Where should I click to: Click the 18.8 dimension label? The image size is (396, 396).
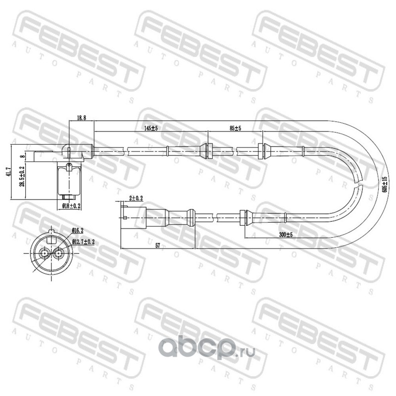pos(81,118)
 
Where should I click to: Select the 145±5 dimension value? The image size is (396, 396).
pos(151,128)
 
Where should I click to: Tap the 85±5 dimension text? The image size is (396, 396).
pos(236,128)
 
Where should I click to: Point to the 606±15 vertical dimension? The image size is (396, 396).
pos(385,184)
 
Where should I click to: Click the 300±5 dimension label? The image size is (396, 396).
pos(286,235)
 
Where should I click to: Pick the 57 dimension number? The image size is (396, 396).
pos(157,245)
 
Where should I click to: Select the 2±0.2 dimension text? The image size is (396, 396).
pos(136,198)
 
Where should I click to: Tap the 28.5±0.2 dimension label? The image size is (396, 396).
pos(22,177)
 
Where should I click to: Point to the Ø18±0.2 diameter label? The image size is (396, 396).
pos(71,206)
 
